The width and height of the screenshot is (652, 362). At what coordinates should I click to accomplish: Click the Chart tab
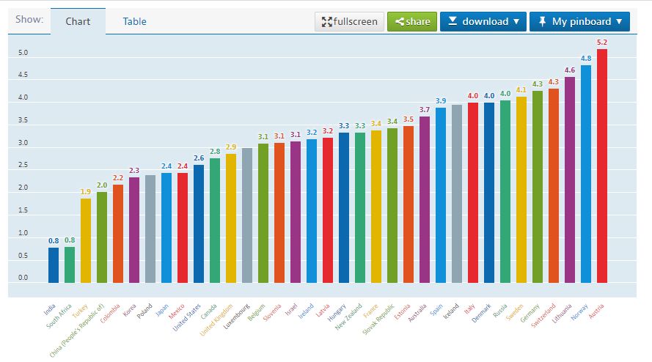pos(78,21)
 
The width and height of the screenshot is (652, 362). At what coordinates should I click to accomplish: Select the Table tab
pos(134,21)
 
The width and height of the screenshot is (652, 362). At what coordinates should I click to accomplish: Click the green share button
pos(412,21)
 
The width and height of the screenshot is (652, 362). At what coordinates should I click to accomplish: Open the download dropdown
pos(483,21)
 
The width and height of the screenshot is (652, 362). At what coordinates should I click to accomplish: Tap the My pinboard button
pos(579,21)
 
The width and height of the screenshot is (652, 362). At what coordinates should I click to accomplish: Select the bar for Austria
pos(602,166)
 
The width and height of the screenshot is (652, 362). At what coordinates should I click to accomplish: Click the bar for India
pos(54,265)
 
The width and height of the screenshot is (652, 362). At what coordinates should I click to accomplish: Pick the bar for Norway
pos(586,174)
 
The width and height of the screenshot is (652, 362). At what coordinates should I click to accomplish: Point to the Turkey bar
pos(86,240)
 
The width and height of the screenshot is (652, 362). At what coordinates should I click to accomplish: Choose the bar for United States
pos(199,224)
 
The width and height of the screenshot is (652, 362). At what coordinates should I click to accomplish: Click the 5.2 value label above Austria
pos(602,43)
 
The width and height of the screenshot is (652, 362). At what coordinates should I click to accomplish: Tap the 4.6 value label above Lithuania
pos(570,70)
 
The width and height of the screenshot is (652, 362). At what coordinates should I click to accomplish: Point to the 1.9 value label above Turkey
pos(86,192)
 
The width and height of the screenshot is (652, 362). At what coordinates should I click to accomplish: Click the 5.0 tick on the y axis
pos(23,53)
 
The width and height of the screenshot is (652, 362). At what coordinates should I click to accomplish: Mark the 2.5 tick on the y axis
pos(23,166)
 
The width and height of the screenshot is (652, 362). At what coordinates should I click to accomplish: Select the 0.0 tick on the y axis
pos(23,278)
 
